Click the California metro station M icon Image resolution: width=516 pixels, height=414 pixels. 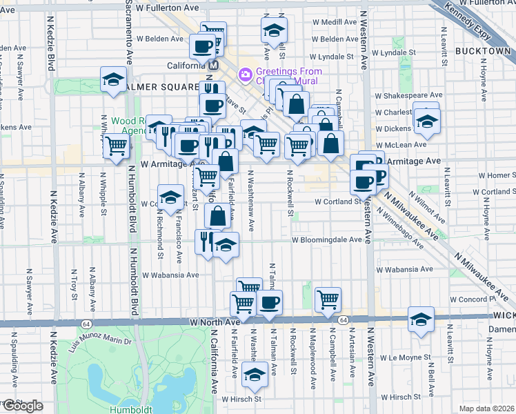pos(213,65)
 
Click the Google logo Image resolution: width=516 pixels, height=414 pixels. pos(22,406)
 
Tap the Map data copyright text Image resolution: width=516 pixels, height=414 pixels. pos(487,408)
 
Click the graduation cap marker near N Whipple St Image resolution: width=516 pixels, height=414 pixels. pos(113,79)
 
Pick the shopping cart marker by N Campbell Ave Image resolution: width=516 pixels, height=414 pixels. pos(328,299)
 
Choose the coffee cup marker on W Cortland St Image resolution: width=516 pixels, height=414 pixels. pos(363,182)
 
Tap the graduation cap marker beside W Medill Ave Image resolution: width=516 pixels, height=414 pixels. pos(274,30)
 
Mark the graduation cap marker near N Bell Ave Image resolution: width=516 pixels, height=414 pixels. pos(420,319)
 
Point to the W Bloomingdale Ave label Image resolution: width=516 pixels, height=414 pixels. pos(326,240)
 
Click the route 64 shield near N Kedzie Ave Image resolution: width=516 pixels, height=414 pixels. pos(86,323)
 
